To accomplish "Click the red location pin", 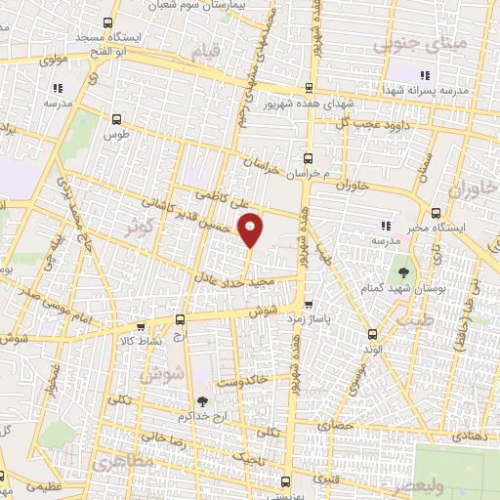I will click(x=251, y=229).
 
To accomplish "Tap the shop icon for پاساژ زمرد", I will click(x=309, y=305).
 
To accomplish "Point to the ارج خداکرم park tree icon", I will click(x=202, y=400).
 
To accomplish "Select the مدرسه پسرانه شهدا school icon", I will click(x=424, y=75).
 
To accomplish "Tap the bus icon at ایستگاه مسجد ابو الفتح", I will click(x=107, y=22).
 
